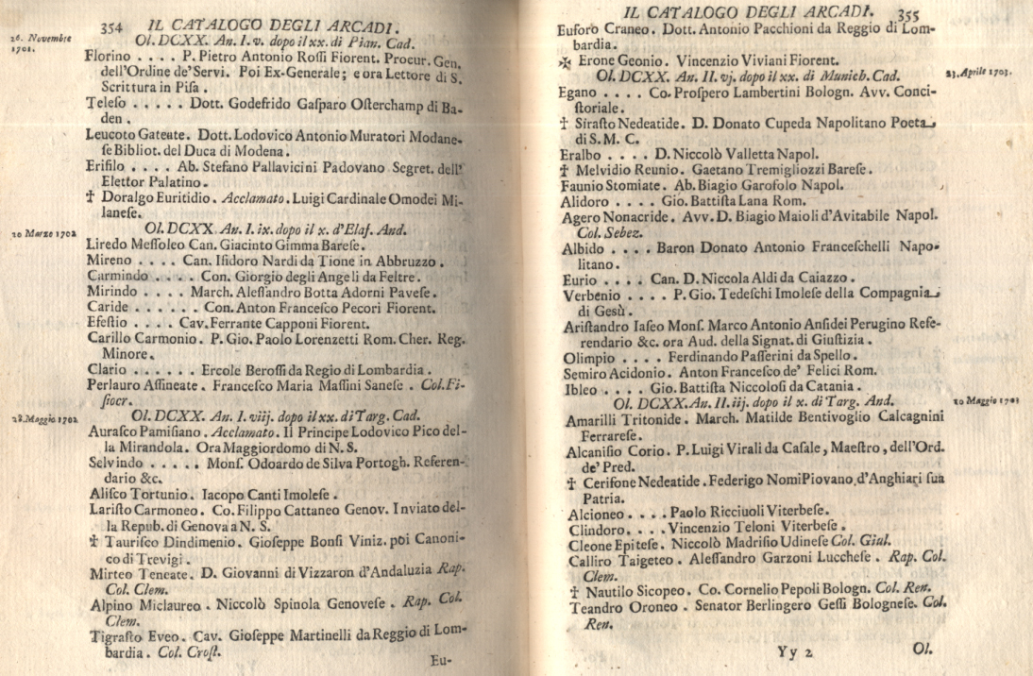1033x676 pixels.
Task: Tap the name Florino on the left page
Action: pos(108,57)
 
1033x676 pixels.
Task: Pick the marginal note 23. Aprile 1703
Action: pos(978,73)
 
